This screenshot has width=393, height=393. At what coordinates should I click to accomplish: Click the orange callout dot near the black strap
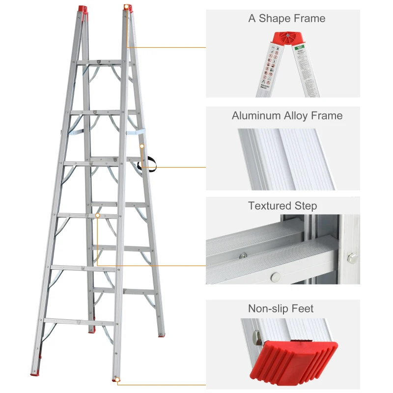point(141,146)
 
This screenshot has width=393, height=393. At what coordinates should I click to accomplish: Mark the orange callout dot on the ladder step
point(98,215)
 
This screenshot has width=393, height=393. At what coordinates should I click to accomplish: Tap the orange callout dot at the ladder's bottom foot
point(117,379)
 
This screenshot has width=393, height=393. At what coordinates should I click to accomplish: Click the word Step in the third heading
point(307,206)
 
